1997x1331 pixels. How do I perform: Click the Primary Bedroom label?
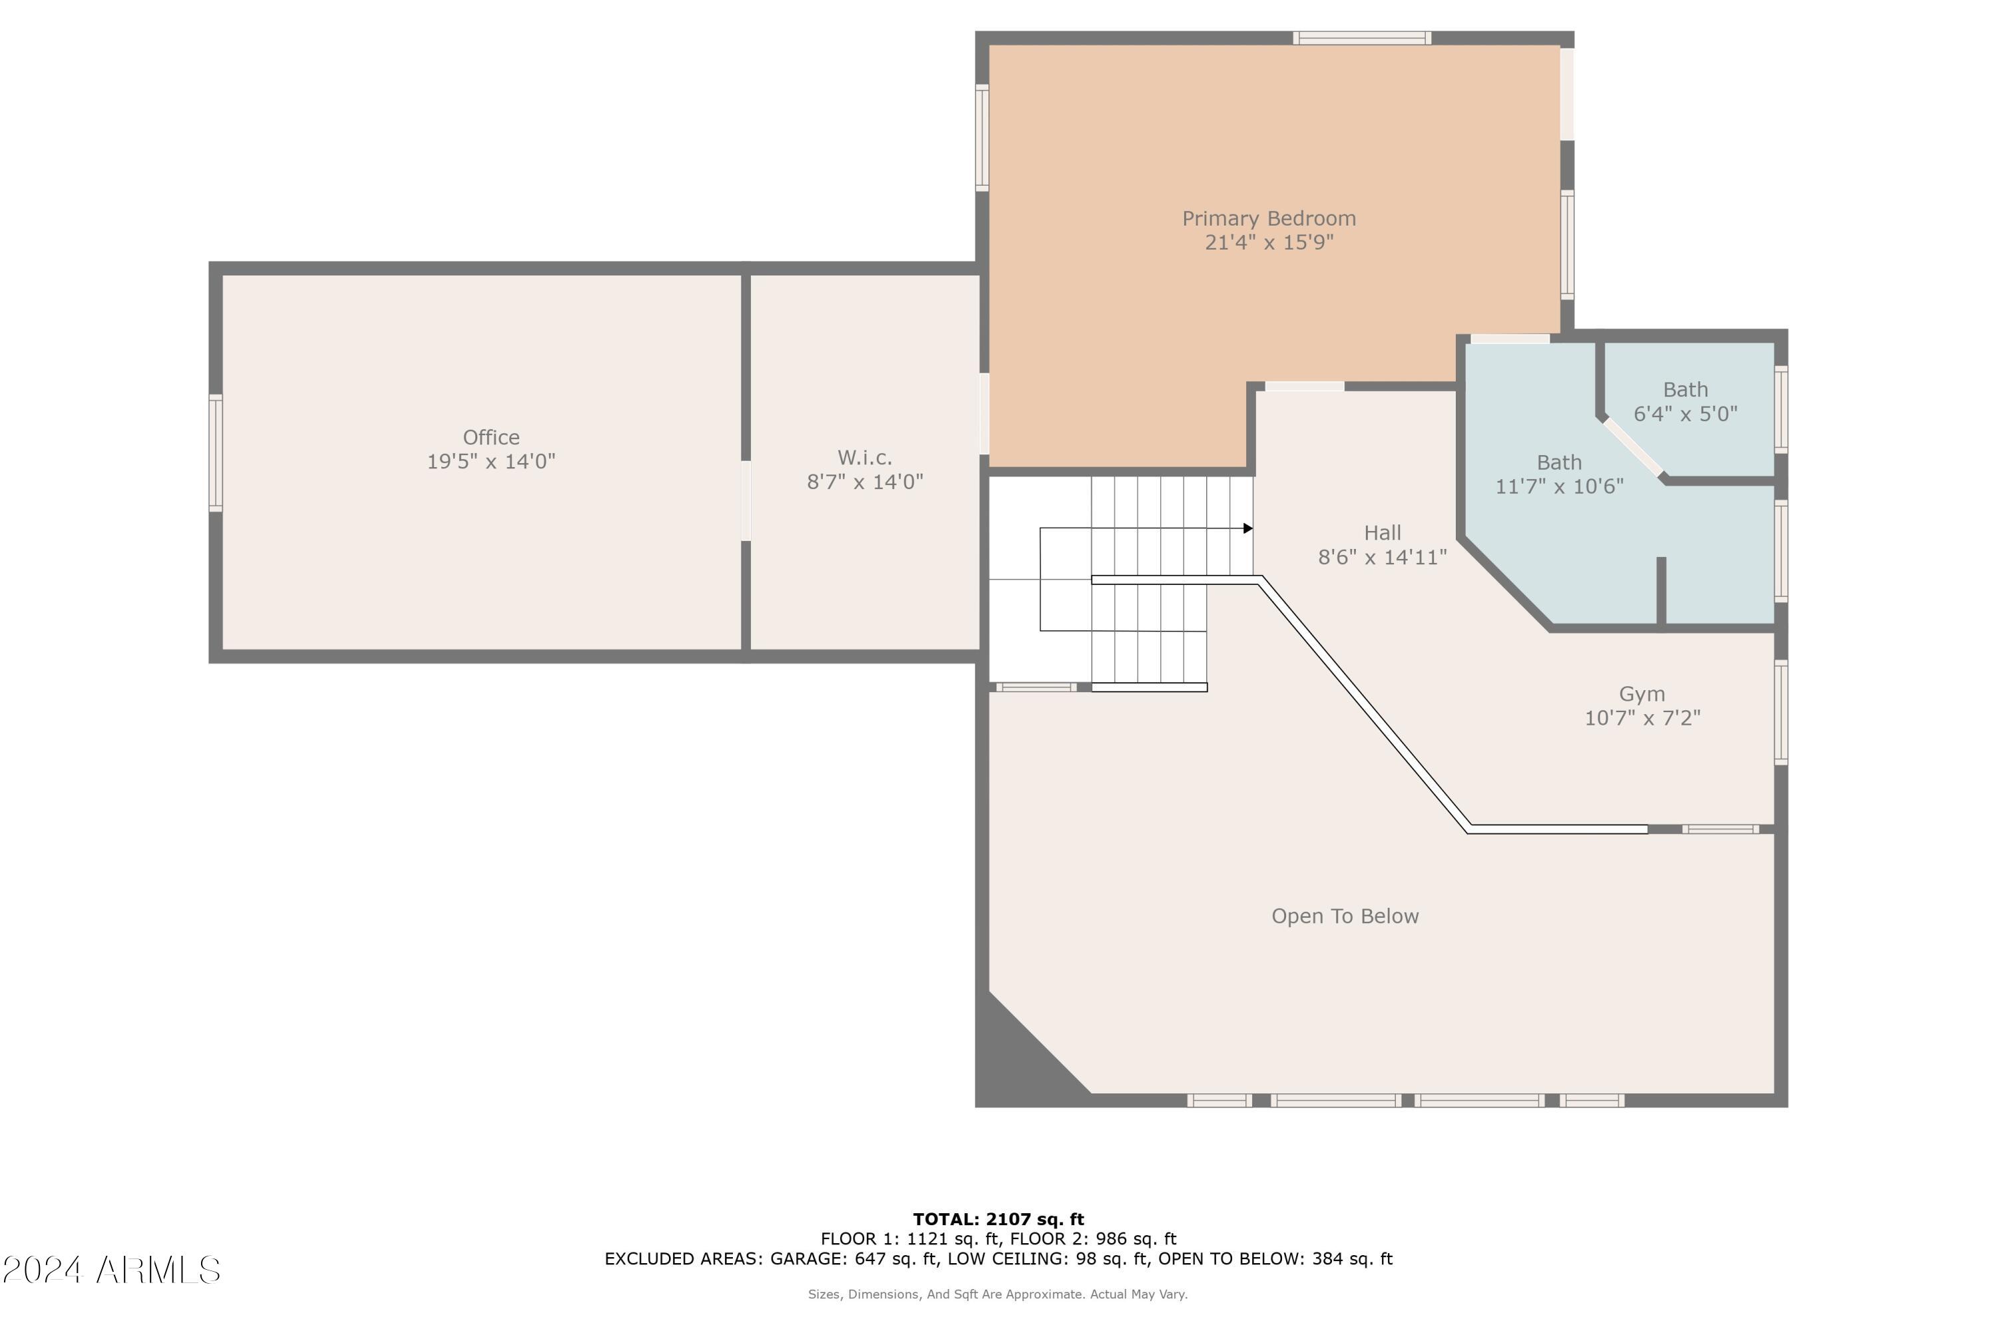[1269, 218]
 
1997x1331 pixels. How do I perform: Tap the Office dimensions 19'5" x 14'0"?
[491, 462]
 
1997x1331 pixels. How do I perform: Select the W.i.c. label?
[864, 458]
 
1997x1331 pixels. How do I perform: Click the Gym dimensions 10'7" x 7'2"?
[1642, 718]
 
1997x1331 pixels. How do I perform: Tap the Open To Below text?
[1344, 916]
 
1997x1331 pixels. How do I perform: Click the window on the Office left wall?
[216, 453]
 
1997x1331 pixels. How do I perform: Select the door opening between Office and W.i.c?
[746, 501]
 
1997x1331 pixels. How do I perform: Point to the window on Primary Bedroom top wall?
[1361, 38]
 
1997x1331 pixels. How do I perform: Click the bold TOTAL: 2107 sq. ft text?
[998, 1220]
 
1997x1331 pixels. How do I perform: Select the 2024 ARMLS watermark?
[111, 1270]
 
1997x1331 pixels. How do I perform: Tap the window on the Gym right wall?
[1781, 712]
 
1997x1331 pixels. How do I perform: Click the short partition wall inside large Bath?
[1661, 592]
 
